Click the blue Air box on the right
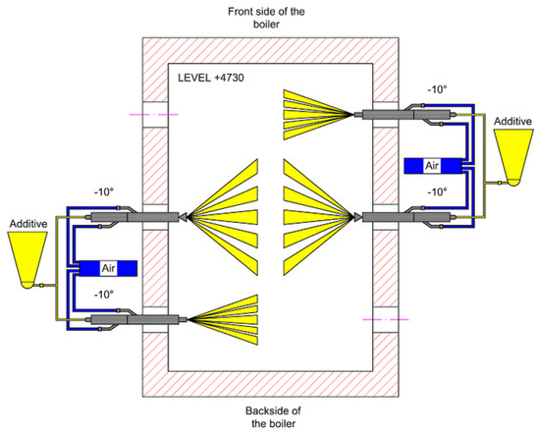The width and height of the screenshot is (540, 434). (431, 166)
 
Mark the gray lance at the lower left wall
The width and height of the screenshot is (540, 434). (137, 317)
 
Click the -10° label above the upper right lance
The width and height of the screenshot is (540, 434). (438, 90)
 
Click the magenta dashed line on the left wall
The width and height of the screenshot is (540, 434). (154, 115)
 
